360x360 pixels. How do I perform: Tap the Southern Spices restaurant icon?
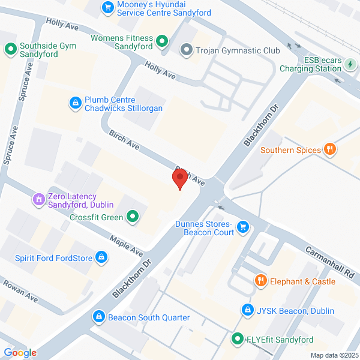point(329,150)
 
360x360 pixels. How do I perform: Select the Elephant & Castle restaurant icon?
point(260,280)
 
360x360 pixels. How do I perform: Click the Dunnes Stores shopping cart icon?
point(243,226)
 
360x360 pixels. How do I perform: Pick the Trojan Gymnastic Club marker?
point(187,50)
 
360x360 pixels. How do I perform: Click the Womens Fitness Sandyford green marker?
point(161,41)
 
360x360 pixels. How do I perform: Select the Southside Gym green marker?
point(10,48)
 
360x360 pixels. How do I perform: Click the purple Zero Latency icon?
point(39,198)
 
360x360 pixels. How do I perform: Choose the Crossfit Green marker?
point(133,217)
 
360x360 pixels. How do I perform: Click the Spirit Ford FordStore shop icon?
point(101,259)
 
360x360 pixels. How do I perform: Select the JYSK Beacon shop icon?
point(247,310)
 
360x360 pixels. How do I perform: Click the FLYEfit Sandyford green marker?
point(238,340)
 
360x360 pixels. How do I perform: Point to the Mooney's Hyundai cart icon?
point(108,7)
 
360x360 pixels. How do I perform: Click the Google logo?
point(20,353)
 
